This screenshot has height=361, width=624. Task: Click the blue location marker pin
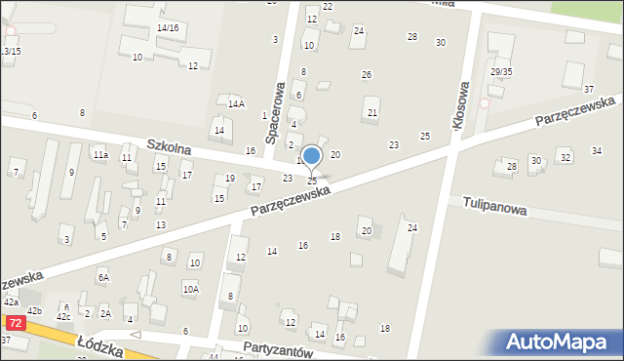(x=312, y=157)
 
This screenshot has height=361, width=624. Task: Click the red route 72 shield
(x=15, y=322)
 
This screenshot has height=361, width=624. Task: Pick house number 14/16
(x=168, y=28)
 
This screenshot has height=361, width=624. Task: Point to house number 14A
(x=236, y=103)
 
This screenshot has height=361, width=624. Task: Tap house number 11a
(x=99, y=155)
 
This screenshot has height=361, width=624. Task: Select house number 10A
(x=190, y=289)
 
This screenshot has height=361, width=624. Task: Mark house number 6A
(x=103, y=277)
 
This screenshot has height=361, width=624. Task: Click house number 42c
(x=63, y=317)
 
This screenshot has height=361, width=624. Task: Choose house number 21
(x=372, y=113)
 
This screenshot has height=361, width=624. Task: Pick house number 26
(x=367, y=74)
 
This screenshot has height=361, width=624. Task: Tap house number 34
(x=597, y=150)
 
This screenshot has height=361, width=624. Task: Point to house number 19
(x=230, y=178)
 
